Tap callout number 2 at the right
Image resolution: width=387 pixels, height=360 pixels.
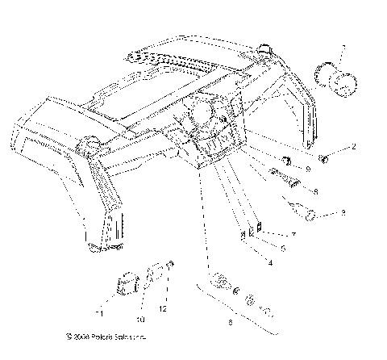[x=352, y=148]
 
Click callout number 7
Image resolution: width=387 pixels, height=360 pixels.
[x=271, y=233]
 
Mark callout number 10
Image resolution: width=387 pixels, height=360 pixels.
[x=138, y=308]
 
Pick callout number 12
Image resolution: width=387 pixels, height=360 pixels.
[x=164, y=308]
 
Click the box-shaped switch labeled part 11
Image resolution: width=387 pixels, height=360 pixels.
[x=127, y=285]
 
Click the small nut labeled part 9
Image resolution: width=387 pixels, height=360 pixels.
[x=286, y=157]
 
